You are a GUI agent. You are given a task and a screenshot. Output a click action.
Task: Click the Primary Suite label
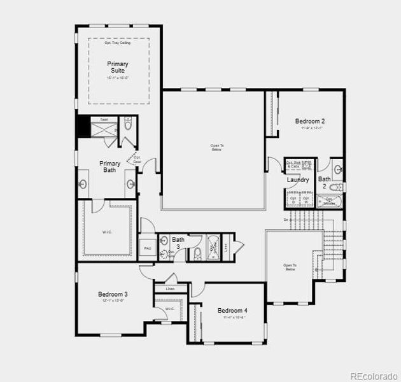(x=117, y=67)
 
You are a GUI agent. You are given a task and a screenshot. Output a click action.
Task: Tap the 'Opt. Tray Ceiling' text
(x=118, y=43)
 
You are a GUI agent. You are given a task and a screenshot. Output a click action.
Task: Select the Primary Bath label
(x=109, y=167)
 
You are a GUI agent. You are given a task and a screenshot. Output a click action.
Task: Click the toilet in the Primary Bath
(x=128, y=124)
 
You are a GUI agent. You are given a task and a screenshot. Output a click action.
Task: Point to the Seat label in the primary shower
(x=103, y=119)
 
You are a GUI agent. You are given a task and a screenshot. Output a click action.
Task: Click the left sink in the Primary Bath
(x=83, y=185)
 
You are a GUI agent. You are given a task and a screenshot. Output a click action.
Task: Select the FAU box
(x=147, y=248)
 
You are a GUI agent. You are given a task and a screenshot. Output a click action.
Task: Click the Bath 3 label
(x=178, y=243)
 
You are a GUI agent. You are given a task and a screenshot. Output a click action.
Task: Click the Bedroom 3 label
(x=113, y=294)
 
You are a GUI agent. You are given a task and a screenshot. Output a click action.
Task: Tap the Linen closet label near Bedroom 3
(x=170, y=289)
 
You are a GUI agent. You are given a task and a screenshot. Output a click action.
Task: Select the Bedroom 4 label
(x=232, y=311)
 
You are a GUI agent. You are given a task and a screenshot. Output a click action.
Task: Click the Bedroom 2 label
(x=310, y=121)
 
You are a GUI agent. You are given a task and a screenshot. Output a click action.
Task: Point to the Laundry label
(x=298, y=180)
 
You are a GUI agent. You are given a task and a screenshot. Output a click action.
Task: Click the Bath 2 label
(x=325, y=183)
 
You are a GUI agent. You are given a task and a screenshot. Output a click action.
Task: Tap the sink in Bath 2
(x=338, y=169)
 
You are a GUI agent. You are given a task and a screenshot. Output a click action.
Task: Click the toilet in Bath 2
(x=337, y=187)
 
